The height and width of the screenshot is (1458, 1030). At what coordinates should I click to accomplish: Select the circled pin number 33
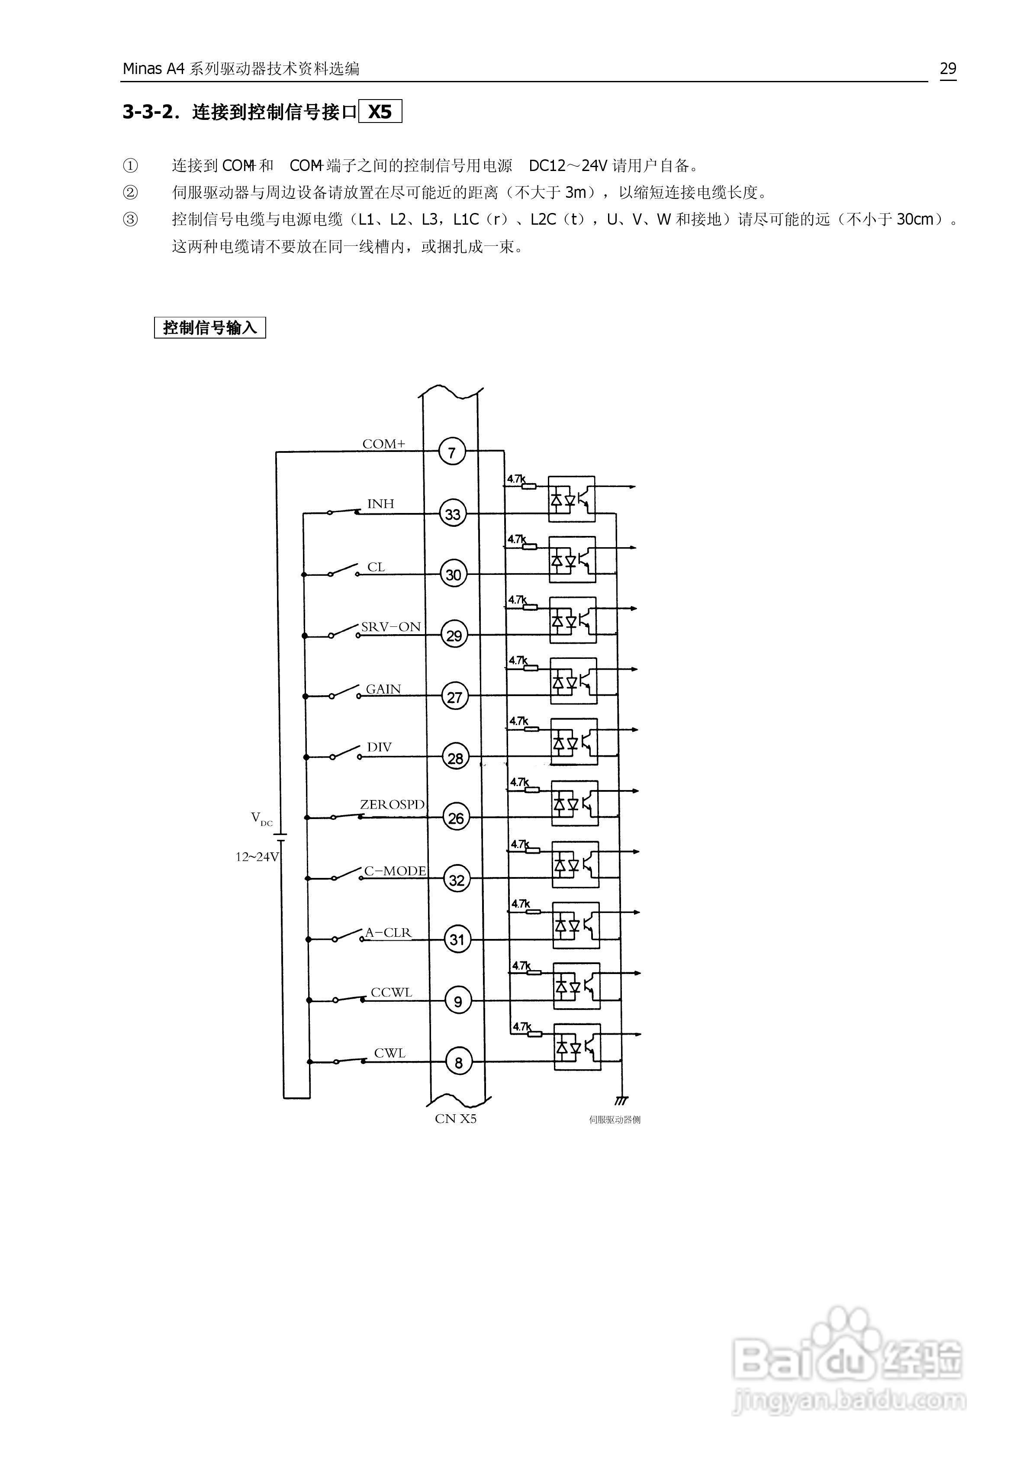(x=453, y=514)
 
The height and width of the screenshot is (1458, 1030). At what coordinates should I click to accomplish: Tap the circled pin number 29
(x=454, y=635)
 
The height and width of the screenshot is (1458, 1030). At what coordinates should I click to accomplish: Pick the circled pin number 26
(x=456, y=818)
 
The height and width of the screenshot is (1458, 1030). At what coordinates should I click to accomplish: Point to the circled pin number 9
(x=458, y=1001)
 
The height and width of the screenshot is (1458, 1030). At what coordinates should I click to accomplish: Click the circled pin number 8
(x=458, y=1062)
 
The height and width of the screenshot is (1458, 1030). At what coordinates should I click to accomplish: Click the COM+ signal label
(x=383, y=444)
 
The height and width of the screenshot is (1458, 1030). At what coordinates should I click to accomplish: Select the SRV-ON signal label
(x=390, y=627)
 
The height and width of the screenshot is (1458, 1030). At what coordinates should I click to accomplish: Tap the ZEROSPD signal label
(x=392, y=805)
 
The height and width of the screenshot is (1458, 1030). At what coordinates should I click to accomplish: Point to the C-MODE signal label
(x=394, y=871)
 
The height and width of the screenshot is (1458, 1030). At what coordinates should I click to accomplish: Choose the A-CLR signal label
(x=388, y=932)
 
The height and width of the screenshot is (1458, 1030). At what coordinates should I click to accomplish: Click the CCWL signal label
(x=391, y=992)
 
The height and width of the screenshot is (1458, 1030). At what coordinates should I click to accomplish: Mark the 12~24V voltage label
(x=257, y=857)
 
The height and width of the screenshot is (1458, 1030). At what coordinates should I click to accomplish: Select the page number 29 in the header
(x=947, y=68)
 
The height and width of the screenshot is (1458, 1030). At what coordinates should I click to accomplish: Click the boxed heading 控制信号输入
(x=209, y=328)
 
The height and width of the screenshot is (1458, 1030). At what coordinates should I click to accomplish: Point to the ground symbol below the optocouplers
(x=621, y=1100)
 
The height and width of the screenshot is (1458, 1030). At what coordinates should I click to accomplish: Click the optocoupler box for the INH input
(x=572, y=499)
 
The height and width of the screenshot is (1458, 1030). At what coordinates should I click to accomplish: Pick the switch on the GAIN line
(x=344, y=693)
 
